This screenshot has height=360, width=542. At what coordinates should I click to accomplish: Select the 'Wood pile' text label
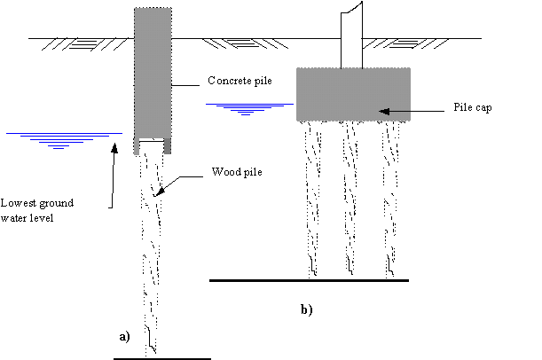click(x=234, y=171)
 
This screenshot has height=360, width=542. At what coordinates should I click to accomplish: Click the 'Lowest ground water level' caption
click(x=37, y=209)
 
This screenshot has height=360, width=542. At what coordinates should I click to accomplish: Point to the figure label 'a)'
click(x=125, y=337)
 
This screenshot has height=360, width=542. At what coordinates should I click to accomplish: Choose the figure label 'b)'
click(x=306, y=310)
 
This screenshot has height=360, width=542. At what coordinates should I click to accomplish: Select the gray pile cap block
click(x=352, y=94)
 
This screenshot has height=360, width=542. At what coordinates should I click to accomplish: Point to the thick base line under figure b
click(x=309, y=280)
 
